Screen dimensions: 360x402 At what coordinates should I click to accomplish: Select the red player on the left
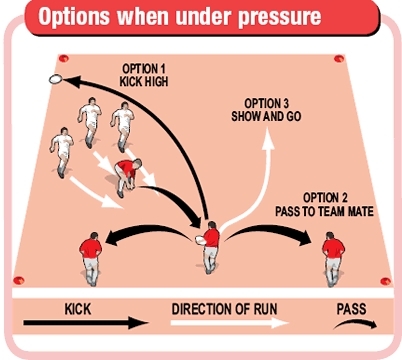(90, 257)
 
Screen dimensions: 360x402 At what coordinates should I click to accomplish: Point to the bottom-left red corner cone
(18, 281)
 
